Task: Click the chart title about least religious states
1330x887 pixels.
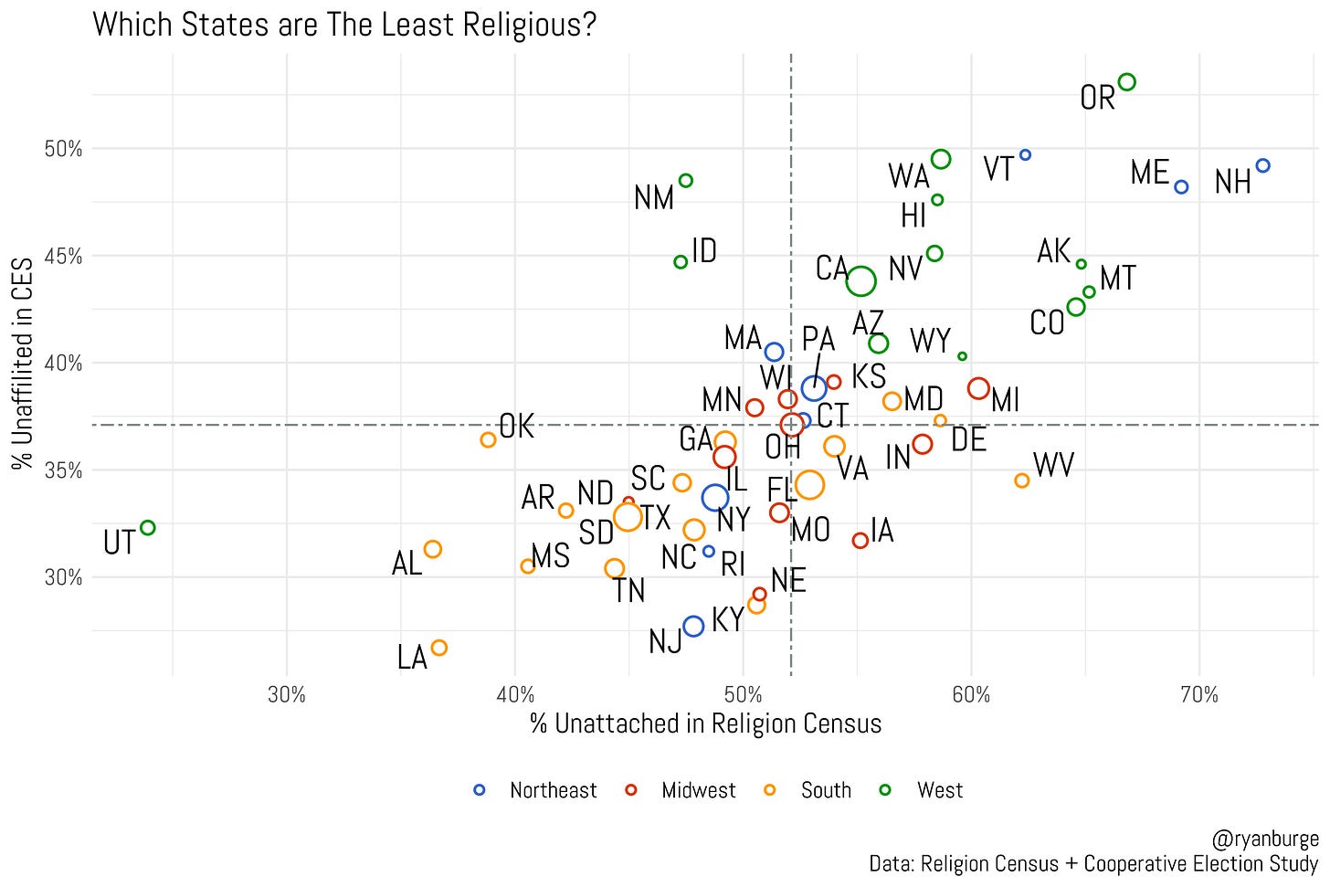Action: pyautogui.click(x=344, y=24)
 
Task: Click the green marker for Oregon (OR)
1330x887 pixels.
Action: pyautogui.click(x=1126, y=82)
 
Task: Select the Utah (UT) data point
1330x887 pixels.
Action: pyautogui.click(x=147, y=528)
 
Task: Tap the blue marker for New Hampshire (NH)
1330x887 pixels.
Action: pyautogui.click(x=1262, y=166)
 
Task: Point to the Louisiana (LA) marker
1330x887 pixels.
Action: pyautogui.click(x=438, y=648)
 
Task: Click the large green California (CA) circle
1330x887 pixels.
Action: pyautogui.click(x=860, y=281)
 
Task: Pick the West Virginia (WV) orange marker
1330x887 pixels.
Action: pyautogui.click(x=1021, y=480)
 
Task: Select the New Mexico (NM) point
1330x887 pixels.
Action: pyautogui.click(x=685, y=181)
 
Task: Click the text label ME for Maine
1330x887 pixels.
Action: pyautogui.click(x=1149, y=173)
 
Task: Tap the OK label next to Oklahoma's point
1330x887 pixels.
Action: pyautogui.click(x=516, y=426)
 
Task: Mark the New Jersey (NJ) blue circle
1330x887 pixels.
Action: pyautogui.click(x=693, y=626)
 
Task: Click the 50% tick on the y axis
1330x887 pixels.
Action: pyautogui.click(x=63, y=149)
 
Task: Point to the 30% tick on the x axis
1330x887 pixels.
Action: pyautogui.click(x=287, y=695)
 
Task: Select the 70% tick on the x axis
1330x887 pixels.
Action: pyautogui.click(x=1198, y=695)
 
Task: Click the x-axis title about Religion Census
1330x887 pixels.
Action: pyautogui.click(x=705, y=724)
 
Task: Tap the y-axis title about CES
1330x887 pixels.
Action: pyautogui.click(x=22, y=364)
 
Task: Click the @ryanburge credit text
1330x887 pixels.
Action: pyautogui.click(x=1264, y=839)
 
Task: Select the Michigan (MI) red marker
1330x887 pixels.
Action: pyautogui.click(x=978, y=388)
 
